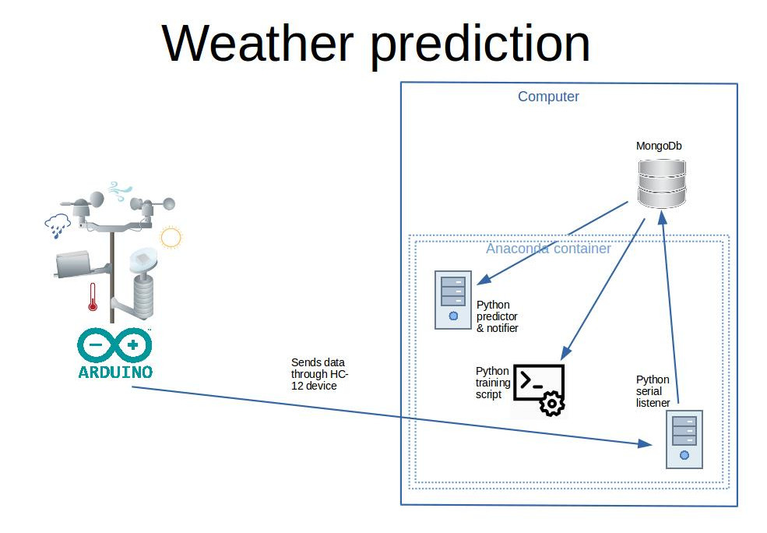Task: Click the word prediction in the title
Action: [x=480, y=44]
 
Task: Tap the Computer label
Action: [x=548, y=97]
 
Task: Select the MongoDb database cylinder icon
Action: [x=661, y=183]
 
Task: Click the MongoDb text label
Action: [x=660, y=146]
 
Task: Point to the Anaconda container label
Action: [x=548, y=249]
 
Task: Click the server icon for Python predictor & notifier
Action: [x=454, y=299]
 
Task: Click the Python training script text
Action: [x=492, y=383]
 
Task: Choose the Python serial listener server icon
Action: [x=684, y=439]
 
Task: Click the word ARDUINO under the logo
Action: [x=115, y=371]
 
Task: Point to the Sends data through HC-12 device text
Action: [x=318, y=374]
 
